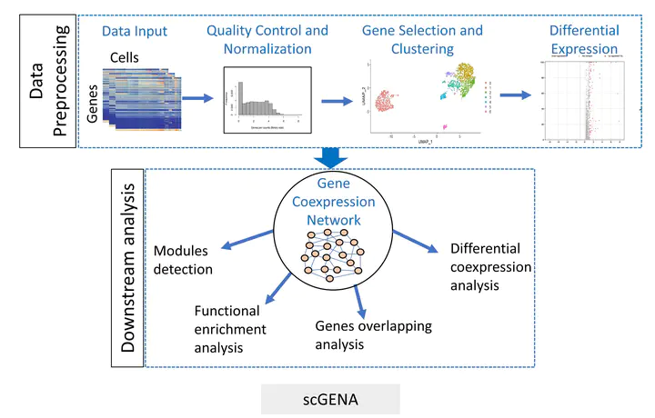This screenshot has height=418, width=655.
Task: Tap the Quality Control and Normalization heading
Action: point(267,40)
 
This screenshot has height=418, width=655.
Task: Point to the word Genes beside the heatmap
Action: point(92,105)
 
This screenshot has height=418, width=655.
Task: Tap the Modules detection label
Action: point(183,260)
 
